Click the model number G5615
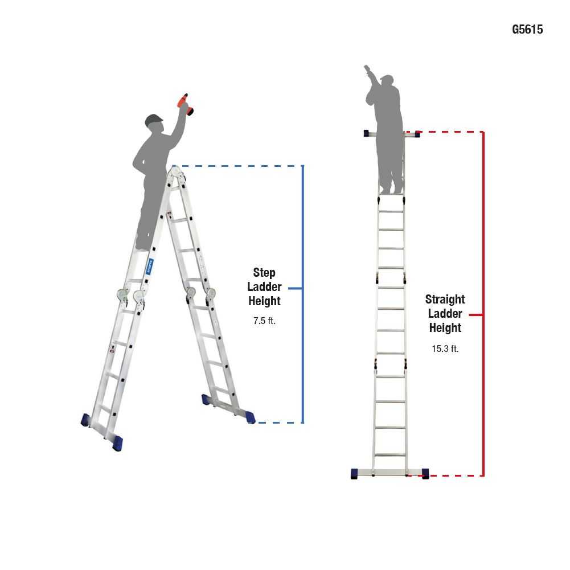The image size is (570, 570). [x=527, y=30]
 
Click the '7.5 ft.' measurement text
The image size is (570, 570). [x=264, y=321]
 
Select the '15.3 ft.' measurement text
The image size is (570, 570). [x=445, y=349]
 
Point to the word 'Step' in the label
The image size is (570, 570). [x=264, y=273]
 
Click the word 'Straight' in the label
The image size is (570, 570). [x=445, y=300]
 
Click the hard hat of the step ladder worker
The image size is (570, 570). [x=154, y=120]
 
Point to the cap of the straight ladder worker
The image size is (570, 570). [x=387, y=78]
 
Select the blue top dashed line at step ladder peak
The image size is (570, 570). [x=239, y=166]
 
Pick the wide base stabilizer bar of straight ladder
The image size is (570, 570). [x=389, y=473]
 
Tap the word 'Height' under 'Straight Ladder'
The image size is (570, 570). [x=445, y=328]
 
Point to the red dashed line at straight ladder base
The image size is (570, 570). [x=456, y=475]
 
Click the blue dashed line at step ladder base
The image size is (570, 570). [x=279, y=423]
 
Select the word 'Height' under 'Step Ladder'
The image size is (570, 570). [x=264, y=301]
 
